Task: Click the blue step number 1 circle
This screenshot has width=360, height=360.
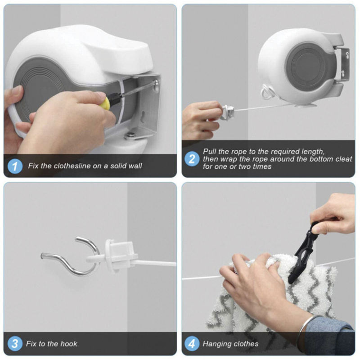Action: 15,166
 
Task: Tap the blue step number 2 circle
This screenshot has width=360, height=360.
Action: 192,159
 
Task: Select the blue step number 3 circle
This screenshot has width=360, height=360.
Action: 15,344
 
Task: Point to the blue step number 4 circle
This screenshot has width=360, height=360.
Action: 192,344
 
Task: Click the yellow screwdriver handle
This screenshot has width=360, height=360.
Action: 105,103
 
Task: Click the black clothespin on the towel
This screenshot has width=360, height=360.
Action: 302,252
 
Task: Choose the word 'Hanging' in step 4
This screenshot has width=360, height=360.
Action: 215,344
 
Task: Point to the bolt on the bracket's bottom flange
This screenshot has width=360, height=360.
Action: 131,135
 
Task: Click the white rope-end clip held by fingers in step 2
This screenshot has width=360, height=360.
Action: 227,112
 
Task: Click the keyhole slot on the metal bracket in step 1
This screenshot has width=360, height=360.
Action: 143,117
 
